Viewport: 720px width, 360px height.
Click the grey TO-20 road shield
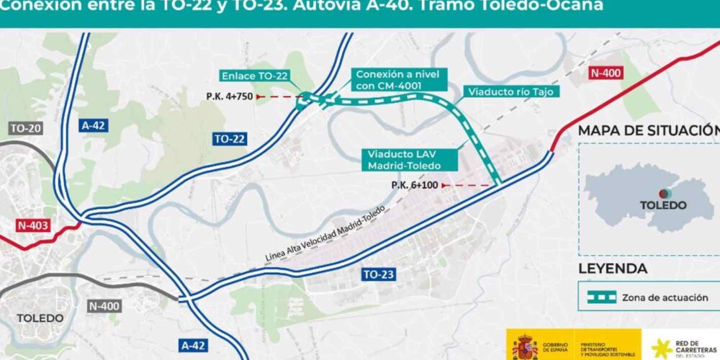coord(27,128)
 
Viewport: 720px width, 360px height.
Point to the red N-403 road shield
coord(32,225)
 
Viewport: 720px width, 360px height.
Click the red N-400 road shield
coord(605,73)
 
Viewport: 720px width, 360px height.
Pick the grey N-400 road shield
coord(104,306)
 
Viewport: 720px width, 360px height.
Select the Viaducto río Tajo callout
coord(512,91)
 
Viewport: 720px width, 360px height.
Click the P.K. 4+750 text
coord(228,96)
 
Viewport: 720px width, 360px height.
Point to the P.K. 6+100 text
coord(416,185)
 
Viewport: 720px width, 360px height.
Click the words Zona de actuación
coord(665,297)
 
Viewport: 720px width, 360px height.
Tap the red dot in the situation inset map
coord(667,193)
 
